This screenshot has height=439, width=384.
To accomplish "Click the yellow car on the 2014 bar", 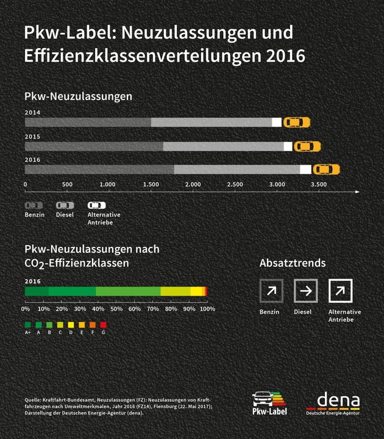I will (297, 122).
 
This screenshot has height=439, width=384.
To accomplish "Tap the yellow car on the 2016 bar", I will (326, 169).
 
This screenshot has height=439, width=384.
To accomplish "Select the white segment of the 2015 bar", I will (288, 146).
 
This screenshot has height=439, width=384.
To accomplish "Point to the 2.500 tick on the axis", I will (235, 184).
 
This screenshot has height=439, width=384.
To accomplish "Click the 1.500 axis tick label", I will (151, 184).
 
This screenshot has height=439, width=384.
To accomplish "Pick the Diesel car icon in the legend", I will (65, 205).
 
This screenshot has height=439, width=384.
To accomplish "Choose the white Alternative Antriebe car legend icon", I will (96, 205).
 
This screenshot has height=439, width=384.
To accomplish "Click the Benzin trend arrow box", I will (271, 291).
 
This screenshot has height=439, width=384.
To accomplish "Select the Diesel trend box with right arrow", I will (305, 291).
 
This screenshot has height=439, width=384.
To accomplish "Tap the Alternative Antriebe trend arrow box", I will (340, 291).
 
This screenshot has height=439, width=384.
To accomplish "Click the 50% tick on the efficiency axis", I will (116, 309).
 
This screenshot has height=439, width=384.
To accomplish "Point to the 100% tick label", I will (207, 309).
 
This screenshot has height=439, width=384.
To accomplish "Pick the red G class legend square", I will (104, 324).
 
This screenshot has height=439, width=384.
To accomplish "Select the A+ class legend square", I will (27, 324).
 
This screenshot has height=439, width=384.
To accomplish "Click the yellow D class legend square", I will (71, 324).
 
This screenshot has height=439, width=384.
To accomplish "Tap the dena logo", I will (333, 404).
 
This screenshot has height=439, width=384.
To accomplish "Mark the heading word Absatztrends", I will (293, 263).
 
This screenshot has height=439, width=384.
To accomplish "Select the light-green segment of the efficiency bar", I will (128, 291).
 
